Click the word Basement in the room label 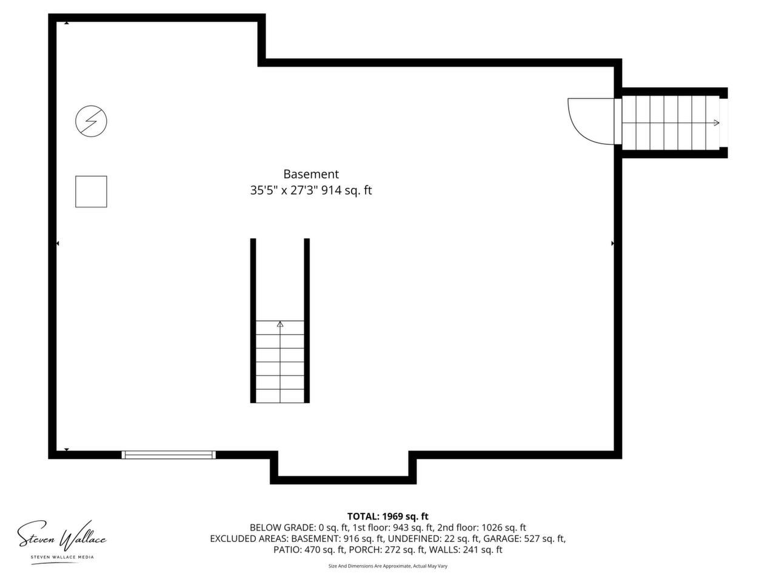point(311,174)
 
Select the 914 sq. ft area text point(346,190)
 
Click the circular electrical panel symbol point(91,121)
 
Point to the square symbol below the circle point(91,192)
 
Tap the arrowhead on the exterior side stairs point(716,123)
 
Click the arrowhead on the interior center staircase point(280,324)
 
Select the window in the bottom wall point(169,455)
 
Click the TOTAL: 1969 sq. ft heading point(388,517)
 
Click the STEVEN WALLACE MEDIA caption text point(62,557)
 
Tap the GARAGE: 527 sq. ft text point(524,538)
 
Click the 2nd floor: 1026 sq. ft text point(481,527)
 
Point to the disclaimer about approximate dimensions point(388,566)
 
